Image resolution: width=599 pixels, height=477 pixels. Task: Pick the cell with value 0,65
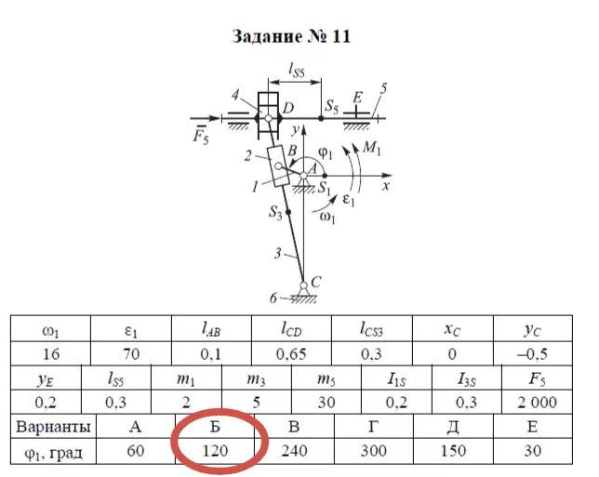coord(297,353)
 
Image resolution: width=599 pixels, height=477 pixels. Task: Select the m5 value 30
coord(326,403)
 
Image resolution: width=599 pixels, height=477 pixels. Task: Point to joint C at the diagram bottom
coord(304,284)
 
